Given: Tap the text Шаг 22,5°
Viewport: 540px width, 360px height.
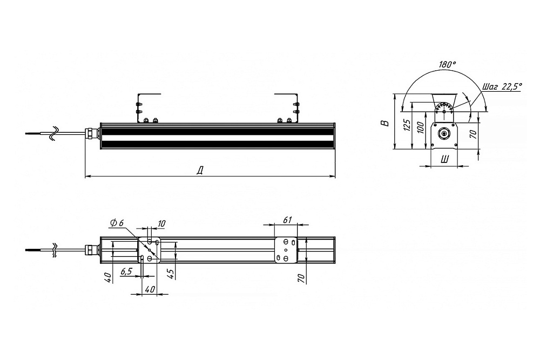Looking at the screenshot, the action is (502, 86).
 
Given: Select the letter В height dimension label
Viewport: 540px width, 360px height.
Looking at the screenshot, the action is (387, 123).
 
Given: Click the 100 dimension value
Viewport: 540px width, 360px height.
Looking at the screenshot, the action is (419, 128).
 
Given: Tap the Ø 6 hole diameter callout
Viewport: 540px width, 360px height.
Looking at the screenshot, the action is (117, 223).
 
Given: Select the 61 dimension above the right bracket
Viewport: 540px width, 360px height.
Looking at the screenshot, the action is (288, 220).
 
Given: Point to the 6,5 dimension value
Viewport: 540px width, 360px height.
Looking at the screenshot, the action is (126, 271).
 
